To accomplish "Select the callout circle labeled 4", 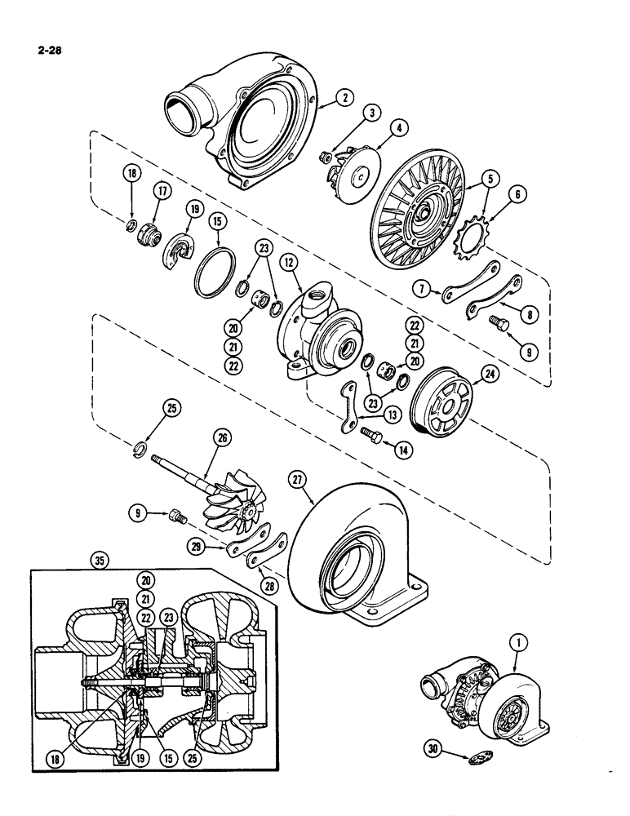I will click(398, 127).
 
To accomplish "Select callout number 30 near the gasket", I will click(437, 745).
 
